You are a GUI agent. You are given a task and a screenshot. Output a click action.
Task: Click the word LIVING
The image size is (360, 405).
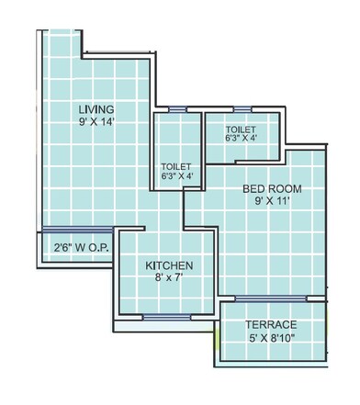(x=96, y=107)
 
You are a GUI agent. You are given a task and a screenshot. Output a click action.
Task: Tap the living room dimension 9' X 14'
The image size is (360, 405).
(x=96, y=120)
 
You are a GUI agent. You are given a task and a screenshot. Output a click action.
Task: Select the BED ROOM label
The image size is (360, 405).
(x=272, y=189)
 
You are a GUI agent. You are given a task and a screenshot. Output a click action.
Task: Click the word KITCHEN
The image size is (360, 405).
(x=169, y=266)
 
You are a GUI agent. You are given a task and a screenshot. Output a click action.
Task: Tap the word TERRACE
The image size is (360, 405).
(x=270, y=325)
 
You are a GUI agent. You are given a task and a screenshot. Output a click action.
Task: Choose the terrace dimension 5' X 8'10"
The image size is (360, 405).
(x=270, y=338)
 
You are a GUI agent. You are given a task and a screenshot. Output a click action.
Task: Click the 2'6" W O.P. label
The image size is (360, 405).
(x=77, y=247)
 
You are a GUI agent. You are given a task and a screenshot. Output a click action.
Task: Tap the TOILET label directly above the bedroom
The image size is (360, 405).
(x=240, y=129)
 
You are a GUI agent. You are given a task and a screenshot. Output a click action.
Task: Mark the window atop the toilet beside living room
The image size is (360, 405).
(x=178, y=110)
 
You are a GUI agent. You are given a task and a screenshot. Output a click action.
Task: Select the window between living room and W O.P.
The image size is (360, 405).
(x=77, y=230)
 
